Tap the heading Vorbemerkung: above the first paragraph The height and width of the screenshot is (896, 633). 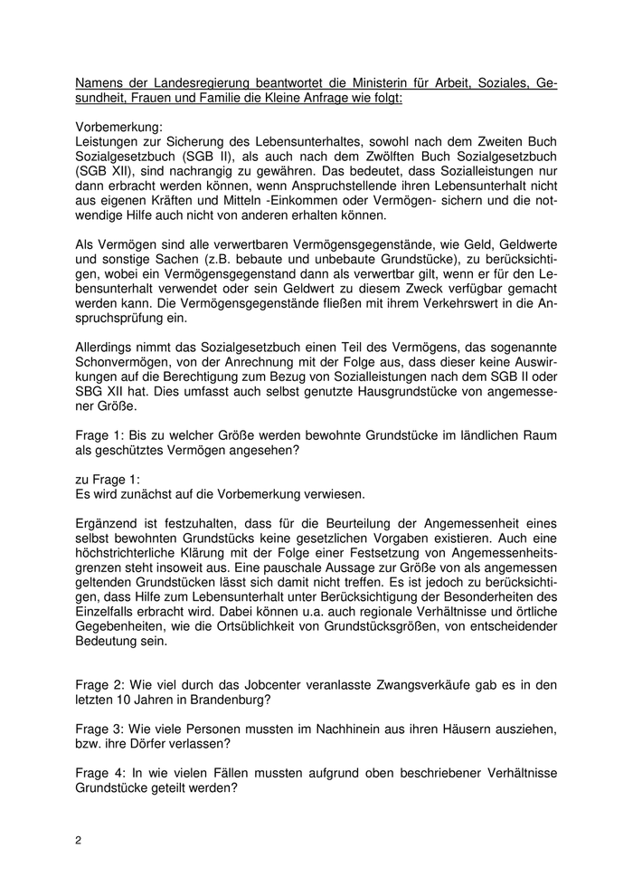118,128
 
